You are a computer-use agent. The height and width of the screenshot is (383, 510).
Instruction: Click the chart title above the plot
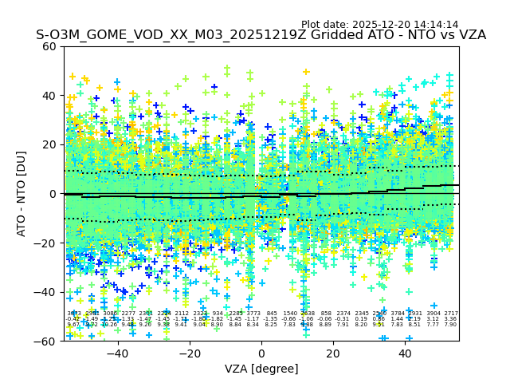[261, 35]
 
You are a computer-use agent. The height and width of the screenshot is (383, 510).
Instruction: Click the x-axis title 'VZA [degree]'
[261, 369]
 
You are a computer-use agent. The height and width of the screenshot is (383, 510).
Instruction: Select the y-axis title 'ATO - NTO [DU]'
[22, 193]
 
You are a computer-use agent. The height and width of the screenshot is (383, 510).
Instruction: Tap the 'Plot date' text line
[379, 25]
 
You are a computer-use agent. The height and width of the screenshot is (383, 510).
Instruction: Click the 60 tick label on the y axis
[49, 46]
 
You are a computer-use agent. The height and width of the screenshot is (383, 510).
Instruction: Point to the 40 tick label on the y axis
[49, 96]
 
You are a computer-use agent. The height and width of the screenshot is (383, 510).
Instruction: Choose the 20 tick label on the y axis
[49, 144]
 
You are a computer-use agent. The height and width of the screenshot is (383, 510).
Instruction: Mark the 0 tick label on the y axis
[53, 194]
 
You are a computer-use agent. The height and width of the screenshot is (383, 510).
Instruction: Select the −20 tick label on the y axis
[46, 243]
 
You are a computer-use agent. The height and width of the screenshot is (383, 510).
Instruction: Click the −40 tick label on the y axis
[46, 292]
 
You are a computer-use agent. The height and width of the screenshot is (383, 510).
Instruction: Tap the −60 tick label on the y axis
[46, 341]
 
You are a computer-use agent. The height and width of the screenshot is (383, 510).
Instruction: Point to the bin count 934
[218, 314]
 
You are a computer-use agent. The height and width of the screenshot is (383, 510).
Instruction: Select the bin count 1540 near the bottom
[289, 314]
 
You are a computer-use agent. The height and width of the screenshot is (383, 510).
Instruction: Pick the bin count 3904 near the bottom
[433, 314]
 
